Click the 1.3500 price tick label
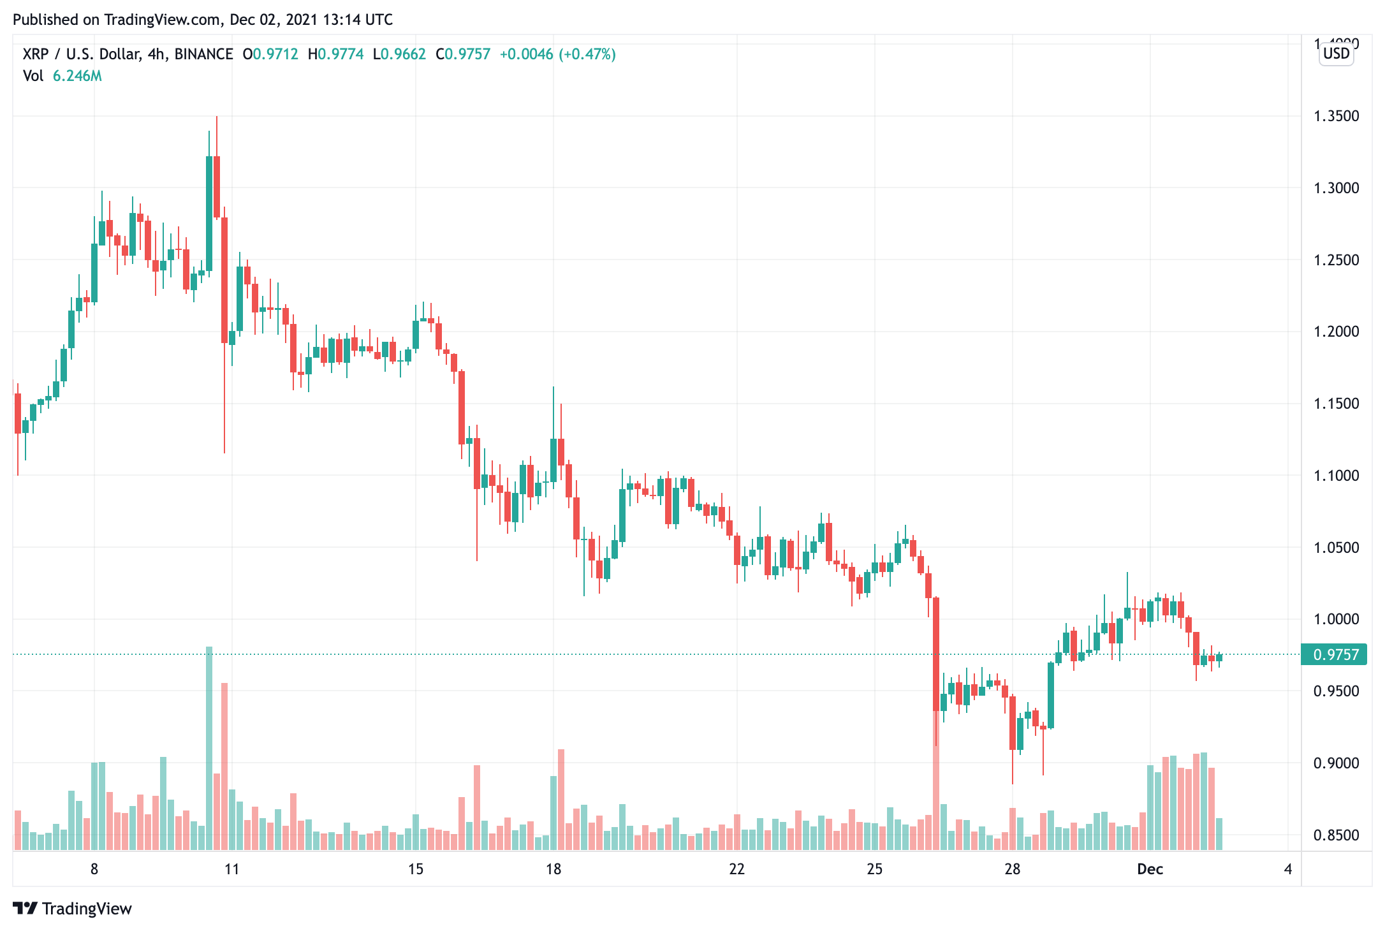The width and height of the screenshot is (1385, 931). (x=1336, y=116)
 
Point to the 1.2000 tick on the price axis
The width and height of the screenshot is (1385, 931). (x=1336, y=332)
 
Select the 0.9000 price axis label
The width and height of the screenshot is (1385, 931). (x=1336, y=763)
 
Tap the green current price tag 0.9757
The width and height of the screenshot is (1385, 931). (x=1335, y=655)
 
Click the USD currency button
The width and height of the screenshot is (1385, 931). (x=1336, y=54)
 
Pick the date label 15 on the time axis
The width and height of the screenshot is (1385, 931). (x=416, y=869)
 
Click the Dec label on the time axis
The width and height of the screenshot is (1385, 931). (x=1150, y=869)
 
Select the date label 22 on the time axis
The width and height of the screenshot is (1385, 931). (x=736, y=869)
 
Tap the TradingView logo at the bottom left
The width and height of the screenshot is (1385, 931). (x=72, y=909)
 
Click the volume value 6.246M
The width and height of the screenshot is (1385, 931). (x=77, y=77)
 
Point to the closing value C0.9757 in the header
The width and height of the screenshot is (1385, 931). (x=463, y=54)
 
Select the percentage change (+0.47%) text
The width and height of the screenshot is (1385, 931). (x=587, y=54)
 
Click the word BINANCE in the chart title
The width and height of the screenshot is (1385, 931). (x=203, y=54)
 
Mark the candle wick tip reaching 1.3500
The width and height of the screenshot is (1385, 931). (x=217, y=117)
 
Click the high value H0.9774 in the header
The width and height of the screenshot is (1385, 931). (x=335, y=54)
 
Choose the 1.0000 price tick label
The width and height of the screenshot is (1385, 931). (x=1336, y=619)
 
